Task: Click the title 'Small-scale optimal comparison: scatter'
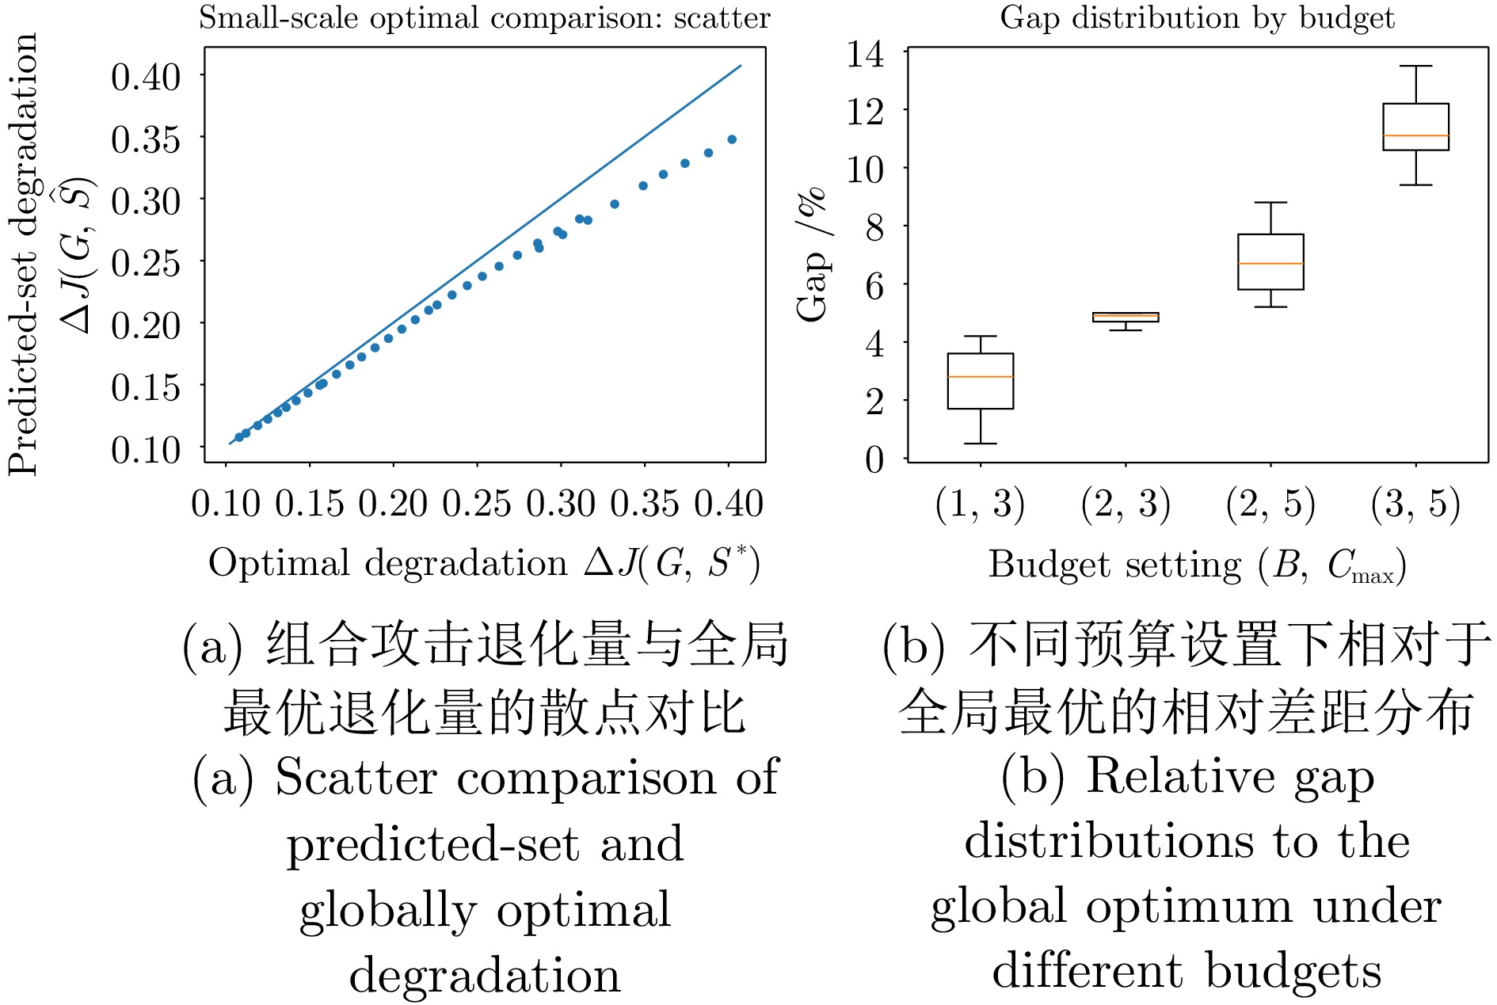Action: (484, 17)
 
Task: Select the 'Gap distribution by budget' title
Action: (1197, 17)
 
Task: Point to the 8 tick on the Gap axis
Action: (874, 227)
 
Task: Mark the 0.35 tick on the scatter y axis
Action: (146, 139)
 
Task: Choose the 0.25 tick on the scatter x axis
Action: (477, 504)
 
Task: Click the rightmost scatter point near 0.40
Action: (732, 139)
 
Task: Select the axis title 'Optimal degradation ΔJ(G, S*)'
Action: (484, 564)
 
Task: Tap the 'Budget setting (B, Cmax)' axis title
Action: (1197, 565)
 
